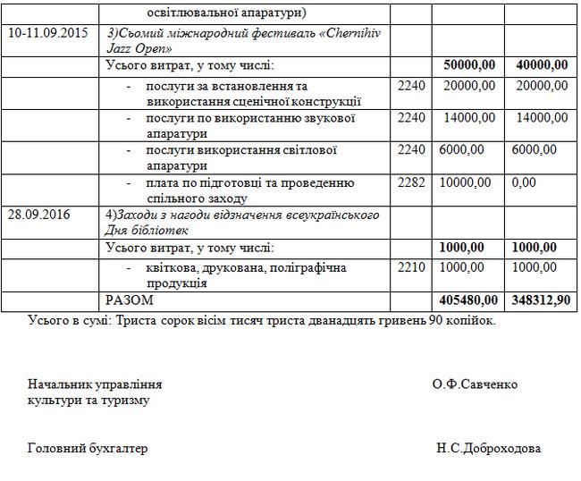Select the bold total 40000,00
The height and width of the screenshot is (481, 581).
(542, 65)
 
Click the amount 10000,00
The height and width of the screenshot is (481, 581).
(465, 182)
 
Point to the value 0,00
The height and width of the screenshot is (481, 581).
(524, 182)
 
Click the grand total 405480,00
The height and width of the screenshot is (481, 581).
(466, 300)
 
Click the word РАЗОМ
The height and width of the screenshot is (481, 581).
(130, 300)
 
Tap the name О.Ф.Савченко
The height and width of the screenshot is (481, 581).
(474, 384)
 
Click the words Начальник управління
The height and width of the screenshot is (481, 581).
(95, 384)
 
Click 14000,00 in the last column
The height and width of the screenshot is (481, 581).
(542, 117)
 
